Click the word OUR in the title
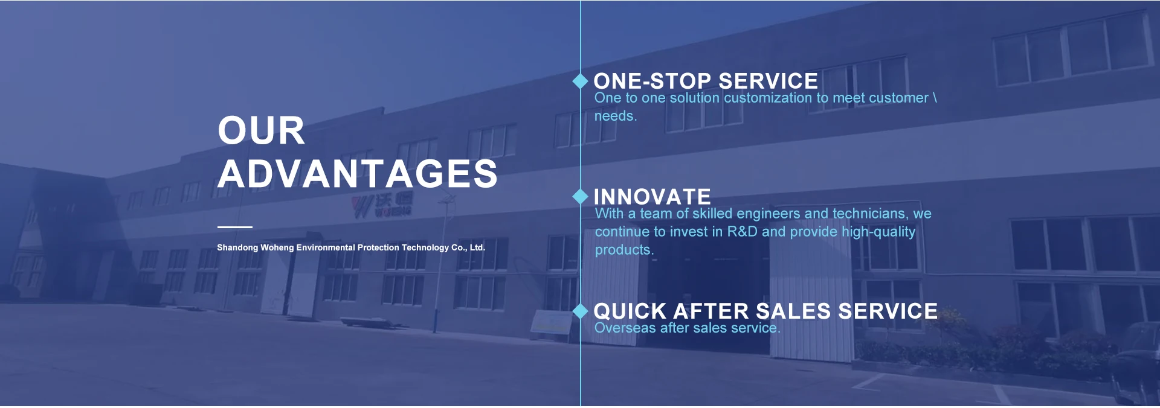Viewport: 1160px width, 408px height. tap(261, 130)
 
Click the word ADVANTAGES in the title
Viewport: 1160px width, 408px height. tap(358, 174)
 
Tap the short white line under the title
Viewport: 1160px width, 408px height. tap(235, 227)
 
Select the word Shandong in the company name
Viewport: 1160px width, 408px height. tap(237, 247)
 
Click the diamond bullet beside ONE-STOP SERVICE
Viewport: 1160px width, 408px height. tap(580, 81)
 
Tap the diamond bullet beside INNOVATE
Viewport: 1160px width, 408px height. tap(580, 196)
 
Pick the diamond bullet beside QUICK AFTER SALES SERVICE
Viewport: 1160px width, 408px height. tap(580, 311)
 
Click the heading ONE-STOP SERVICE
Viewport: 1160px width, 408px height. tap(706, 81)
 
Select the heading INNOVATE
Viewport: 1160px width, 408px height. tap(652, 197)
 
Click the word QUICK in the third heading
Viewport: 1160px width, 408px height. tap(630, 311)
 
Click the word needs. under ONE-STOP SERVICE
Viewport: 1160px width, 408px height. tap(616, 116)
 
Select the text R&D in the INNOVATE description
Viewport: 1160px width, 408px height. tap(742, 232)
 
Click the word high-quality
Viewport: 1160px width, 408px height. tap(878, 232)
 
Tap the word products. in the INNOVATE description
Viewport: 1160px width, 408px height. tap(624, 250)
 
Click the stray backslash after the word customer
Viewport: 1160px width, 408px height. tap(935, 98)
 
